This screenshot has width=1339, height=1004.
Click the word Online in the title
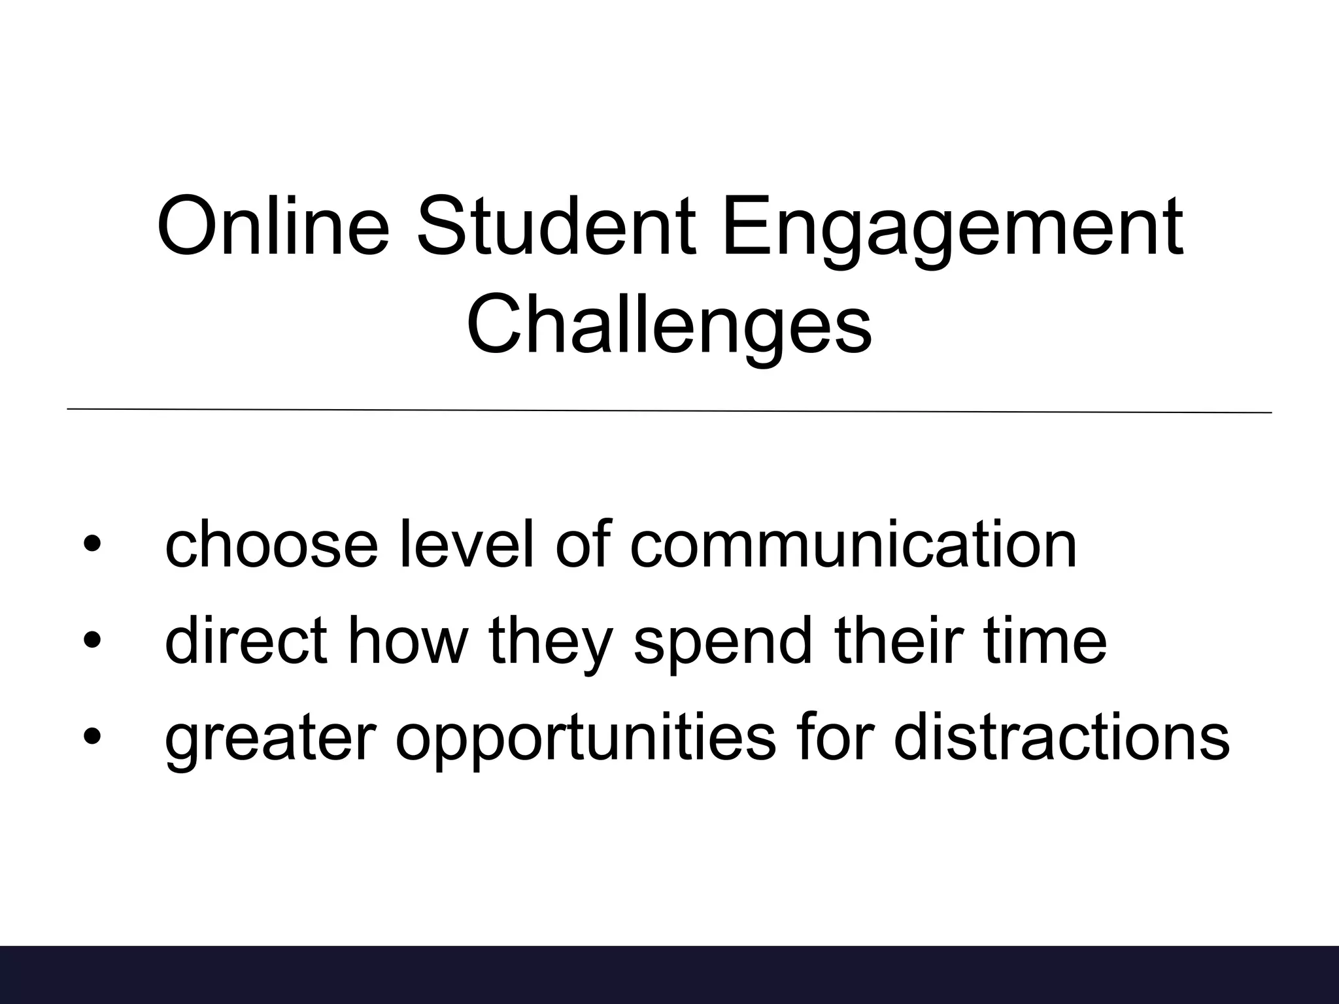pos(273,226)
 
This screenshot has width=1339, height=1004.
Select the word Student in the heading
pos(556,226)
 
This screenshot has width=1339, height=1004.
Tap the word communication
pos(853,544)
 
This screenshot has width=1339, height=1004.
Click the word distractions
pos(1061,737)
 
